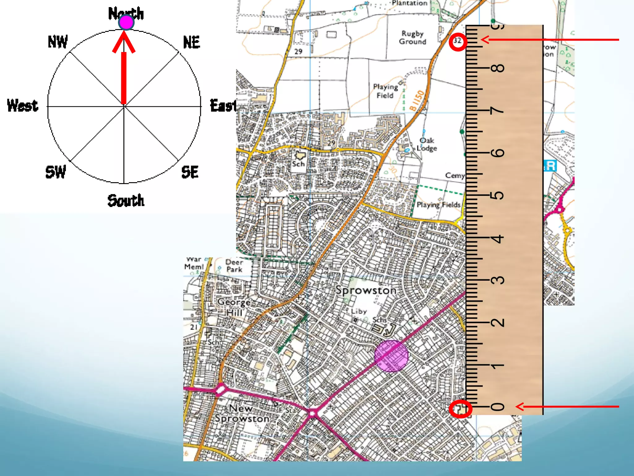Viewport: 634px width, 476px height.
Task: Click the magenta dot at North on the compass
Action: [126, 22]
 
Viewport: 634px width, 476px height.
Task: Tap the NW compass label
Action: [58, 42]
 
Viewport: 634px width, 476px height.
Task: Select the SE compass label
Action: [190, 172]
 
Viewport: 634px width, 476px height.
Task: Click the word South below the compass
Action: [126, 201]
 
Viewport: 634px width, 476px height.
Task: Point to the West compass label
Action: [23, 105]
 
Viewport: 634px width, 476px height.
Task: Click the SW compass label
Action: [56, 172]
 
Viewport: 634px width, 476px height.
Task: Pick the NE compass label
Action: [192, 42]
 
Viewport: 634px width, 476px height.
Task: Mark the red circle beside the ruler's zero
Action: [460, 409]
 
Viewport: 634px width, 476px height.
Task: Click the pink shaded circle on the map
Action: [391, 356]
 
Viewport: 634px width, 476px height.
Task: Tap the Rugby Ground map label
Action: [412, 37]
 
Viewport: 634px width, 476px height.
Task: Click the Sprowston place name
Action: [366, 290]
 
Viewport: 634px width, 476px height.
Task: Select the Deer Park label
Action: [234, 266]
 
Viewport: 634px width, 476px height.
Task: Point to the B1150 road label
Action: [417, 100]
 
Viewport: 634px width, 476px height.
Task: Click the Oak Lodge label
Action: [427, 144]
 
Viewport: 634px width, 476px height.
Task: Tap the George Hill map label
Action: [234, 307]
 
